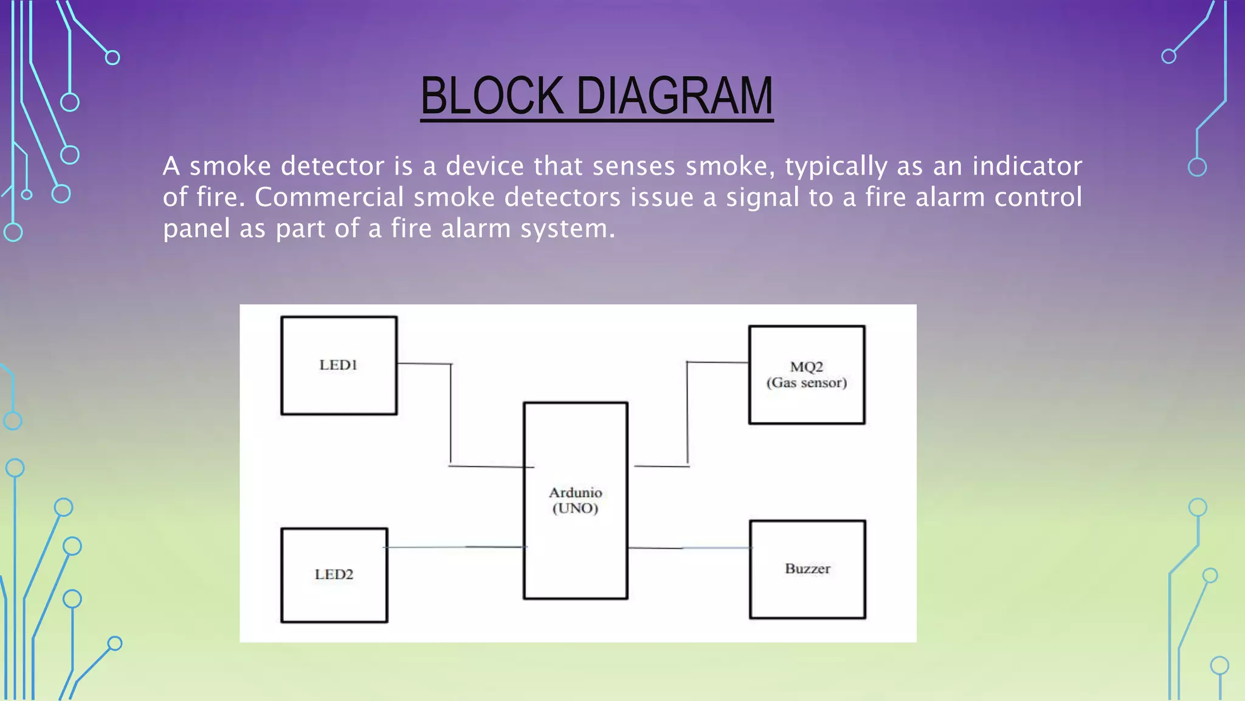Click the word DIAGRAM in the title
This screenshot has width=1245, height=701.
(674, 96)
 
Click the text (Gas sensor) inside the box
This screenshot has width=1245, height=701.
(806, 383)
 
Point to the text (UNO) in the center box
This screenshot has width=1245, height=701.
(575, 509)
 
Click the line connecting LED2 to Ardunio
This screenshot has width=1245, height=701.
(456, 547)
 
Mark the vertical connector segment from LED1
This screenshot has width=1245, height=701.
(450, 414)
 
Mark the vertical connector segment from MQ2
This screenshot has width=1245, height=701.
(688, 414)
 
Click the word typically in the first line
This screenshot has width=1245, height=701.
(836, 166)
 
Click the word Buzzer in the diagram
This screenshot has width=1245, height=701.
(807, 569)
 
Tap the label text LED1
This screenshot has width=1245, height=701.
(339, 365)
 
